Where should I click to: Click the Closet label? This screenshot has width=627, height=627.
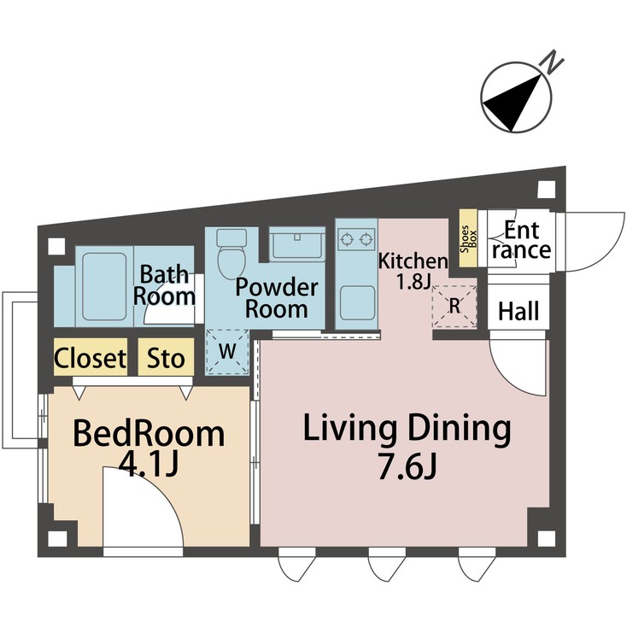(x=91, y=359)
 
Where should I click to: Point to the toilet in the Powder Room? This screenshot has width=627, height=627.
(x=231, y=255)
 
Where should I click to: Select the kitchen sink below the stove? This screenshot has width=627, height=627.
(x=355, y=302)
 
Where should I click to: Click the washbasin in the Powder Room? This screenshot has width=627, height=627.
(x=295, y=246)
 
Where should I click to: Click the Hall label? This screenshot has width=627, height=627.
(x=519, y=312)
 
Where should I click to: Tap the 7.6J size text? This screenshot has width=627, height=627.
(x=407, y=468)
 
